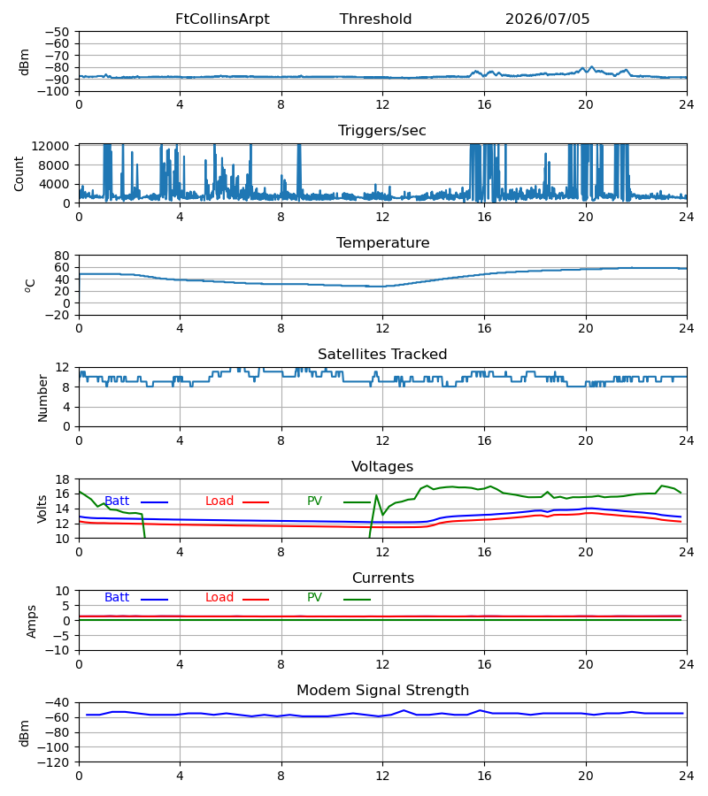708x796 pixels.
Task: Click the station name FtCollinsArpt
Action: pos(222,19)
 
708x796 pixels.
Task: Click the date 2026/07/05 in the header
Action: pos(547,19)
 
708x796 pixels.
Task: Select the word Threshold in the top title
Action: pos(375,19)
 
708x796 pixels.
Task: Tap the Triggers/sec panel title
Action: pos(382,131)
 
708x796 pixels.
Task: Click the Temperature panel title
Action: pos(382,242)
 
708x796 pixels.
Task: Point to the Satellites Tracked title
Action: pos(382,355)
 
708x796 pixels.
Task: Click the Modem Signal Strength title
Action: pos(382,691)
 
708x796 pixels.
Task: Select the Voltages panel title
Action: pos(382,466)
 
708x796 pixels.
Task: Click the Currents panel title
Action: pos(383,578)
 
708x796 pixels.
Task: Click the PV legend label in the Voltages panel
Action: pos(314,501)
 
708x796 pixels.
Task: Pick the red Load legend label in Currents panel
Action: pos(219,598)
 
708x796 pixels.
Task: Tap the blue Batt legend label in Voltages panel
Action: pos(117,501)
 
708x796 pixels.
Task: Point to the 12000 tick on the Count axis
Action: pos(50,146)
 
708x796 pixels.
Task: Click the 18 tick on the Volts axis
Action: pos(62,479)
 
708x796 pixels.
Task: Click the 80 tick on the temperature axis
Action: pos(62,256)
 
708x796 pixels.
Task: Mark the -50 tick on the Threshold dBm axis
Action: pos(57,32)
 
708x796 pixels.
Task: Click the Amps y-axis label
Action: pos(32,621)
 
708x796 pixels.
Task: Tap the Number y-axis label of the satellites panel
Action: pos(42,398)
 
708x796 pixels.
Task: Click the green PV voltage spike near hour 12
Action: pos(376,495)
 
